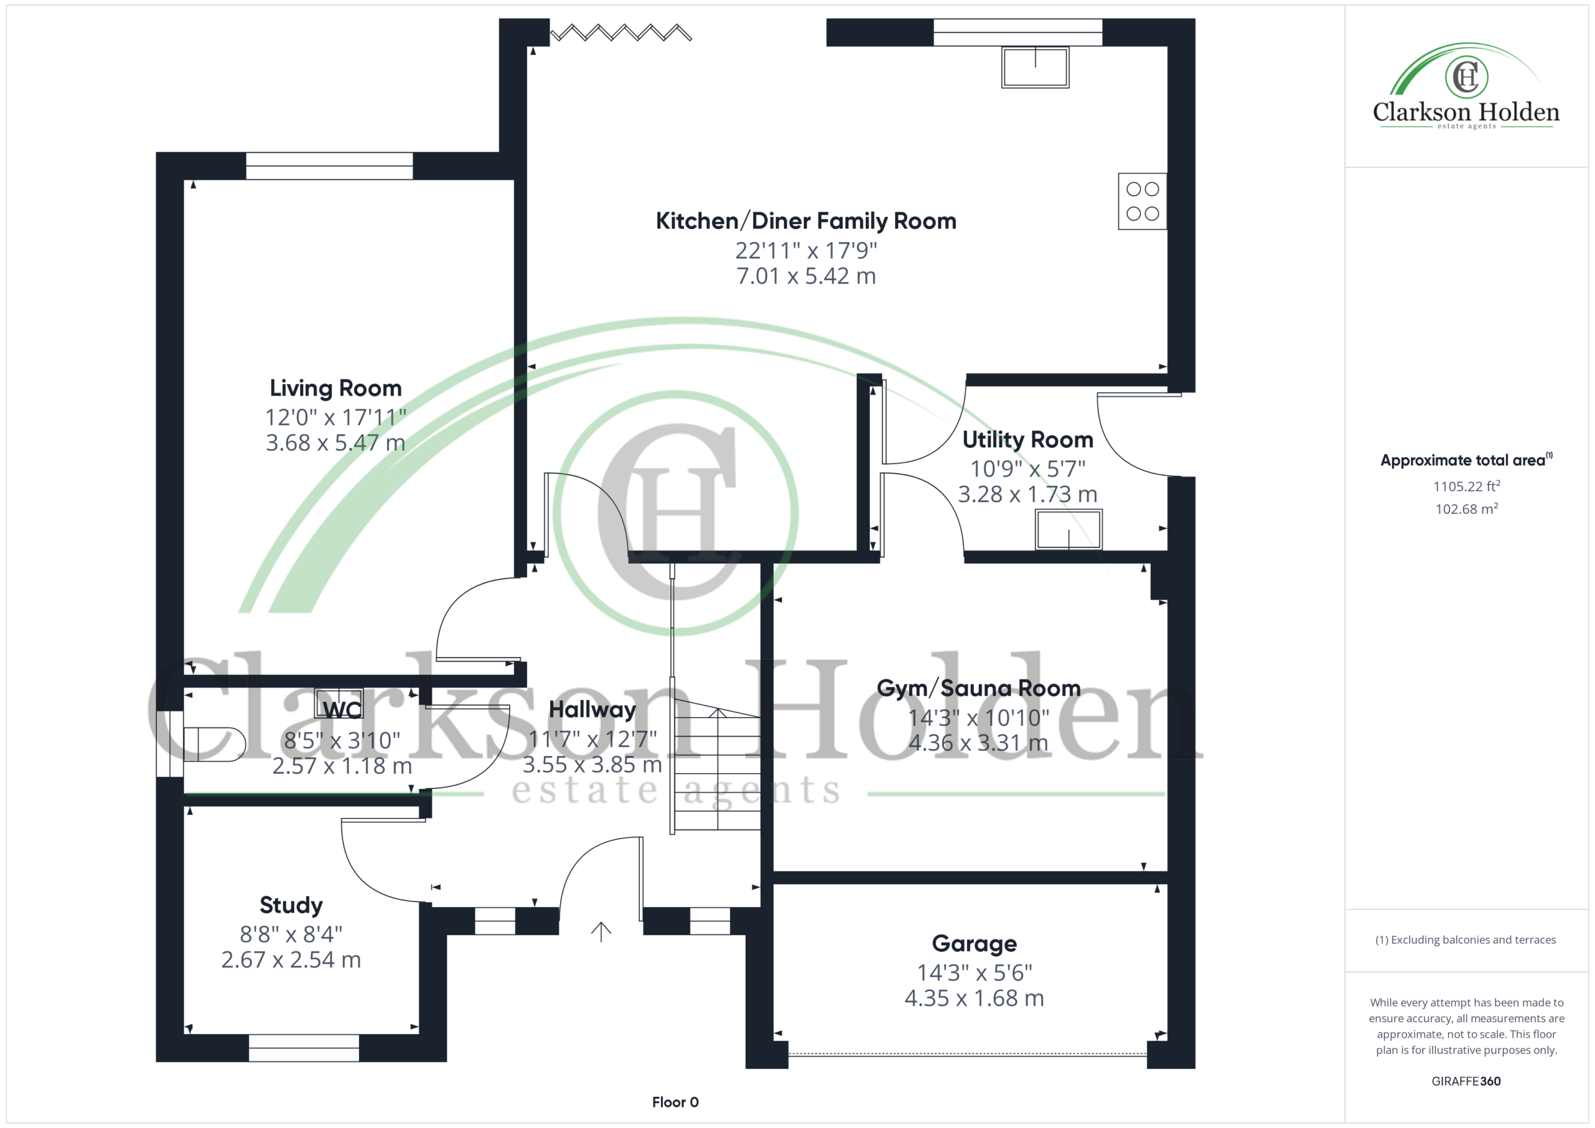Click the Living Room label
(336, 387)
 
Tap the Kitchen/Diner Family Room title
(806, 221)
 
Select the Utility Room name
(1027, 440)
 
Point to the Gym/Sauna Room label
(978, 688)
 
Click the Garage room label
(974, 943)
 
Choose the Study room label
(291, 905)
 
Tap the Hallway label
(592, 709)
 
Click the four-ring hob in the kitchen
(1142, 201)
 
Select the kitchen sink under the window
(1035, 67)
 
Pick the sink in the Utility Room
(1069, 529)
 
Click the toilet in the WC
(214, 744)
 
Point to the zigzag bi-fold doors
(621, 32)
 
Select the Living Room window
(330, 166)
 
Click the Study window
(303, 1048)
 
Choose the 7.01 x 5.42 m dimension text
(806, 277)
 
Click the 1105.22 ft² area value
(1467, 486)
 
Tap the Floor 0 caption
(675, 1102)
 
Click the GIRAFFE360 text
(1467, 1081)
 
